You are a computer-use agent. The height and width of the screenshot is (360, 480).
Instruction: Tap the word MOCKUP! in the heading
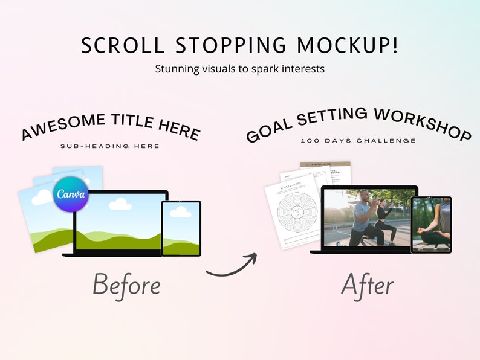(x=353, y=46)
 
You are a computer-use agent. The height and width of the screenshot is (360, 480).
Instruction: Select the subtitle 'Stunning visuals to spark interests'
(x=240, y=69)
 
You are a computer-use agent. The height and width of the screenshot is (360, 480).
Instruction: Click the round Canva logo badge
(x=71, y=194)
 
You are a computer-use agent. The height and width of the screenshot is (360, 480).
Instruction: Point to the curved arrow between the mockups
(x=232, y=266)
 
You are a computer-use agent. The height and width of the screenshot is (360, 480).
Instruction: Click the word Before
(x=126, y=285)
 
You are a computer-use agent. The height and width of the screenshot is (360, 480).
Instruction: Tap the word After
(x=367, y=285)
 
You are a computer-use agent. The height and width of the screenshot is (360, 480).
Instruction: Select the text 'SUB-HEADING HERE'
(x=110, y=146)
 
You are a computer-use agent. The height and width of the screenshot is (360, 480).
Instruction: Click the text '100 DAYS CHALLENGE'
(x=358, y=141)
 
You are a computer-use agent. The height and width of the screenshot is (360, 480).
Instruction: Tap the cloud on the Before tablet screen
(x=180, y=212)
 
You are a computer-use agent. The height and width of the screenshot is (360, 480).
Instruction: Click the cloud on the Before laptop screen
(x=120, y=204)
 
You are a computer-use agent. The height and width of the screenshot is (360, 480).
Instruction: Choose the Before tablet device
(x=181, y=228)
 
